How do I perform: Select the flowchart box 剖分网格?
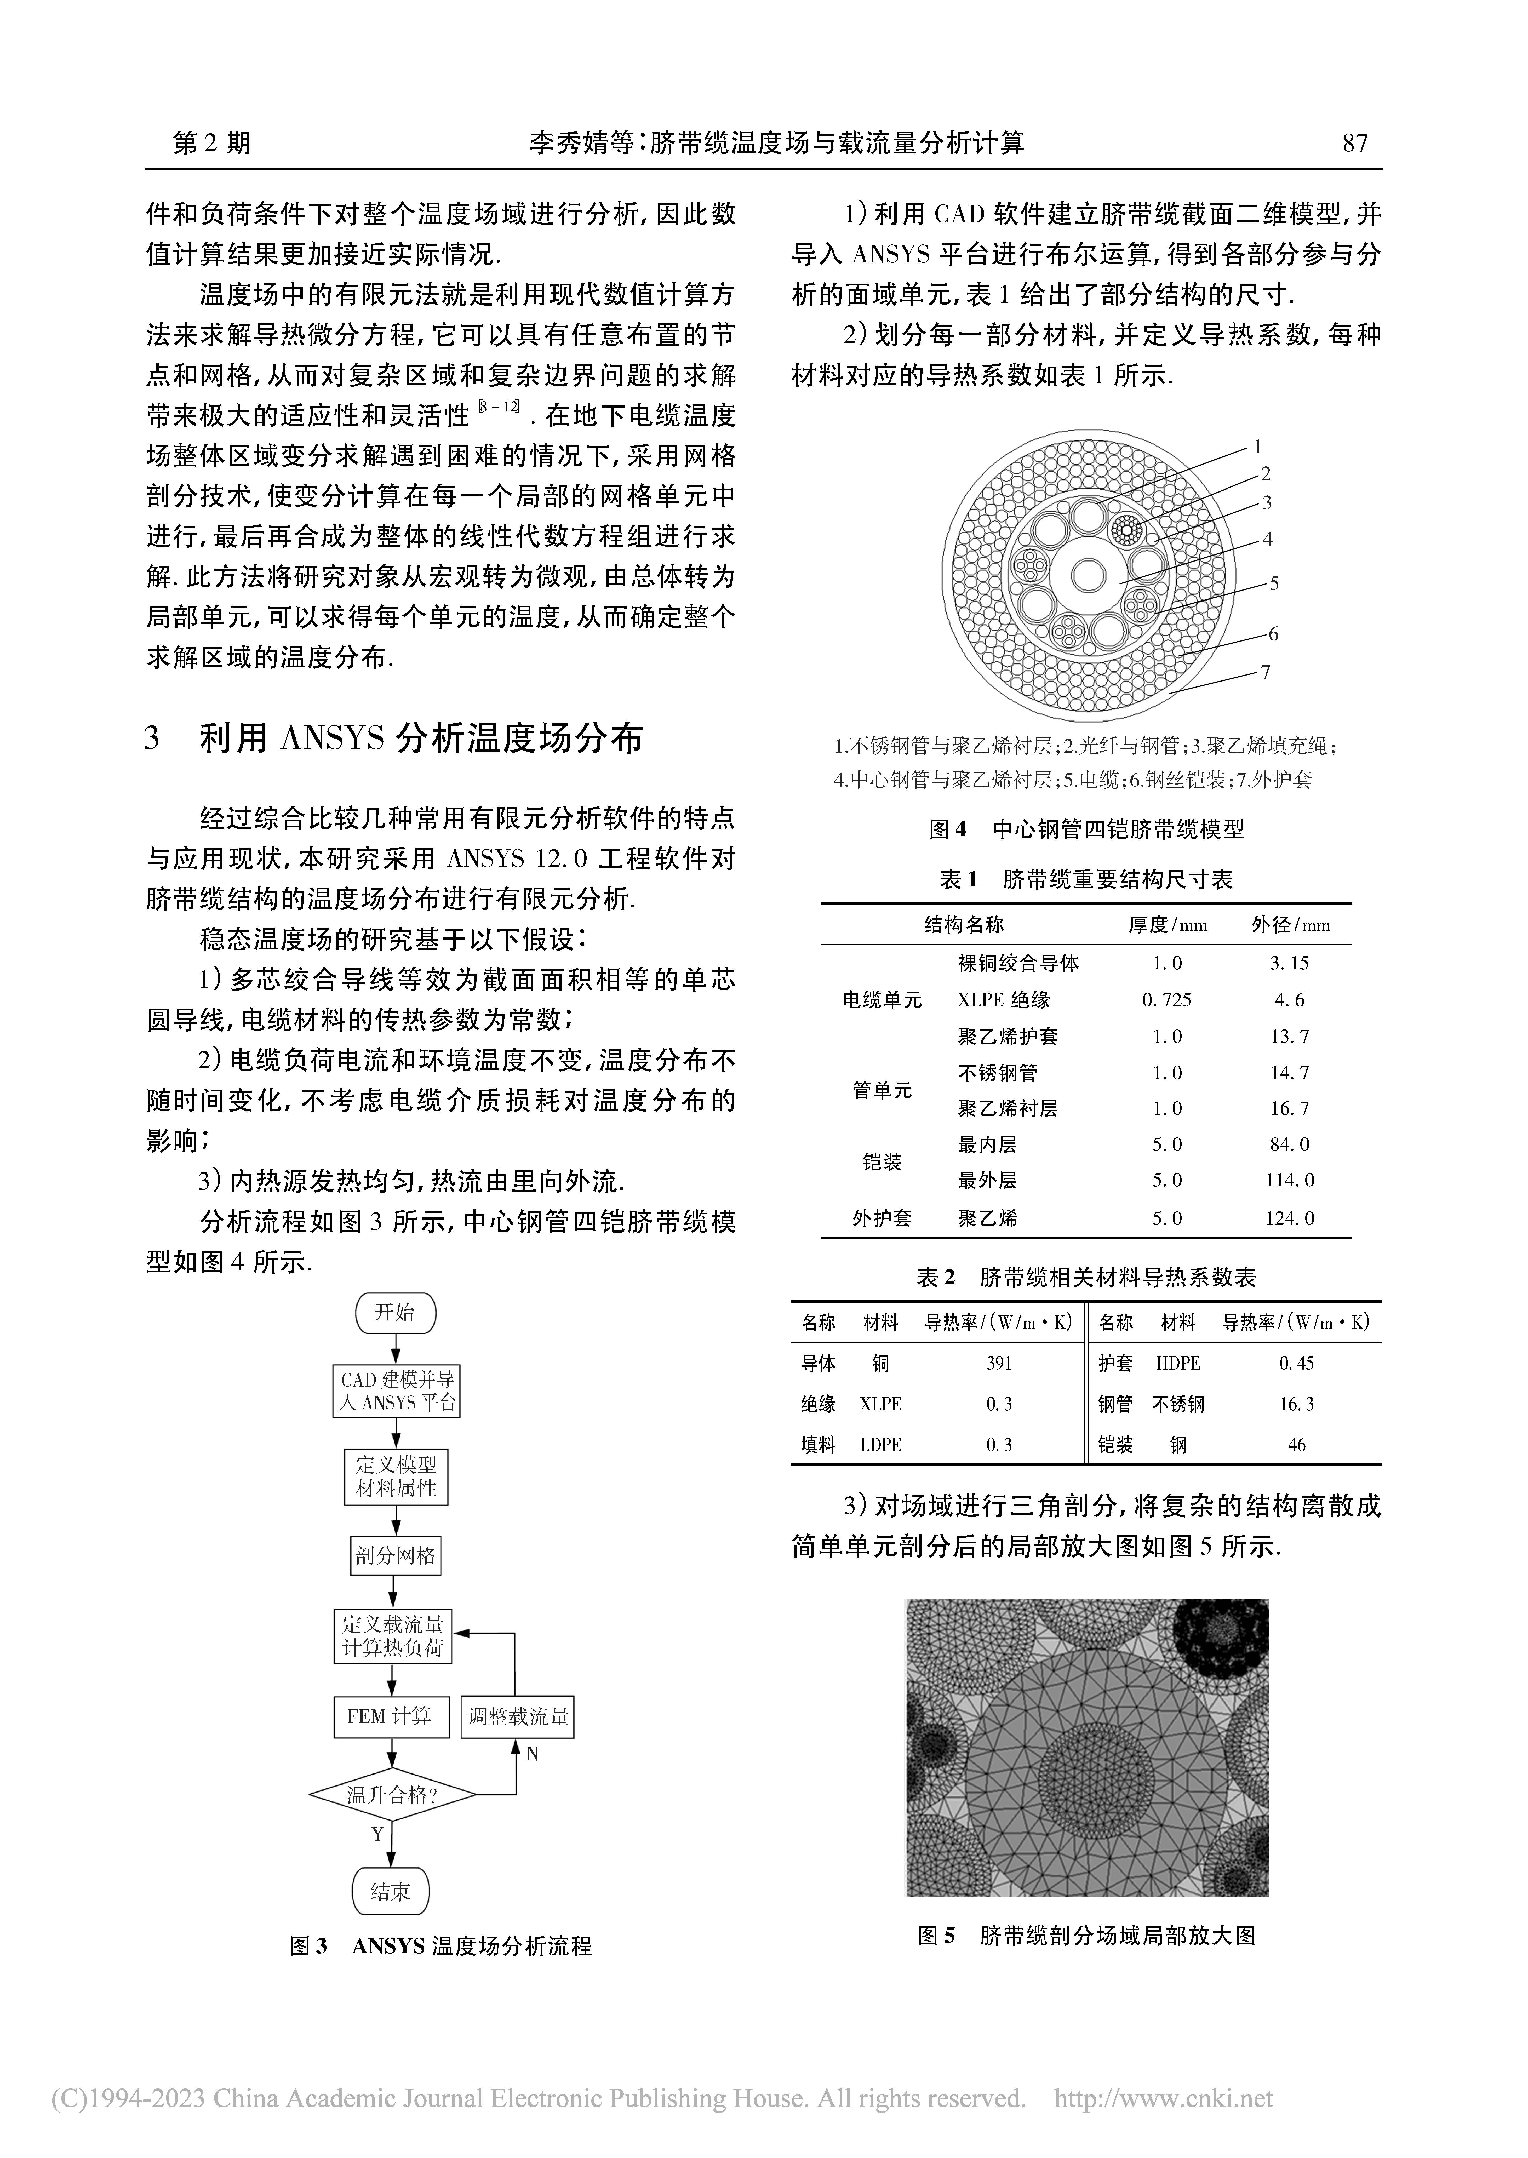[x=395, y=1556]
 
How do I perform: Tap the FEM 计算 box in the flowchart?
[x=391, y=1716]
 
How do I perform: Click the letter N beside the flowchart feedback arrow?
[x=532, y=1754]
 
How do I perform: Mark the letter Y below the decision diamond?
[x=377, y=1834]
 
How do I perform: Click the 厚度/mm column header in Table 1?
[x=1168, y=925]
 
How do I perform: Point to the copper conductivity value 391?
[x=999, y=1363]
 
